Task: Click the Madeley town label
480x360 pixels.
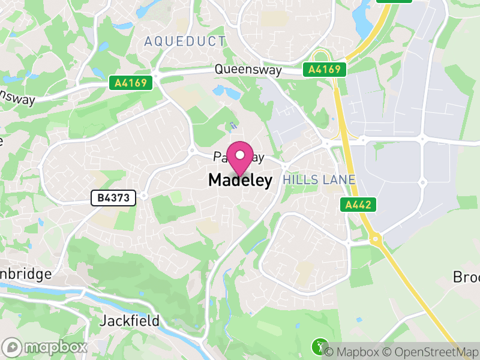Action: pos(240,180)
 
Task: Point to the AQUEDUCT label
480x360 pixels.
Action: pos(185,41)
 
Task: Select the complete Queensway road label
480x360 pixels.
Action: pos(248,71)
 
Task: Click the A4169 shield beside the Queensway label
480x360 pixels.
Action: pos(325,70)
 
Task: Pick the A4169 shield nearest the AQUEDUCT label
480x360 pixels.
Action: pos(130,83)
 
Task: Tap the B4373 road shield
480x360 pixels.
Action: pos(114,197)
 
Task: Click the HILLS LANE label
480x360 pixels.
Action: pos(319,180)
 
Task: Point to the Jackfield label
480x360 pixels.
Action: pos(130,321)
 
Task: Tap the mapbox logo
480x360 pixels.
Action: pos(46,347)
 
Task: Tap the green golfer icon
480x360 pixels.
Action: pos(319,346)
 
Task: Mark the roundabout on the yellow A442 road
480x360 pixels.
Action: pos(376,239)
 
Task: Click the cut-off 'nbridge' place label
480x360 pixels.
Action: pos(25,274)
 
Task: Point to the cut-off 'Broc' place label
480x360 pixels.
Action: pos(466,277)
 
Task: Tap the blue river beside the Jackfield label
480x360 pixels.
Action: pos(90,296)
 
